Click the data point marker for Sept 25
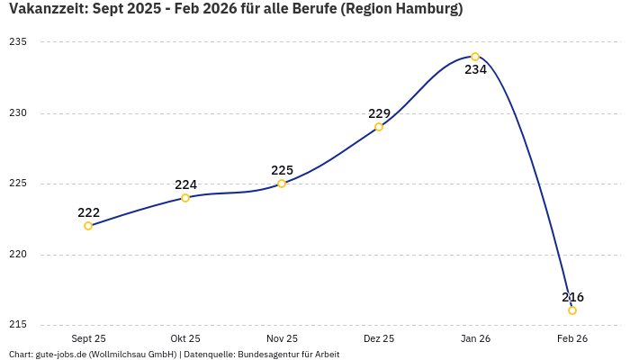[88, 226]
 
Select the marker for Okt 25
[185, 198]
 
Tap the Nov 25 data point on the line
[282, 184]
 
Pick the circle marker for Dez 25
[379, 127]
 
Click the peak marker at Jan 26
[475, 57]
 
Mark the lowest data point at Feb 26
[572, 310]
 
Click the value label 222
[88, 212]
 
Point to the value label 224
[185, 184]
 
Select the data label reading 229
[379, 113]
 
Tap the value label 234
[475, 70]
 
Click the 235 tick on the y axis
[18, 42]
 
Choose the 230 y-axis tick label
[18, 113]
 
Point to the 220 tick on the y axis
[18, 255]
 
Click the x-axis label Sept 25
[88, 338]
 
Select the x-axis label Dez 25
[379, 338]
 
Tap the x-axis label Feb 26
[572, 338]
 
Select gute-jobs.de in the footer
[60, 355]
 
